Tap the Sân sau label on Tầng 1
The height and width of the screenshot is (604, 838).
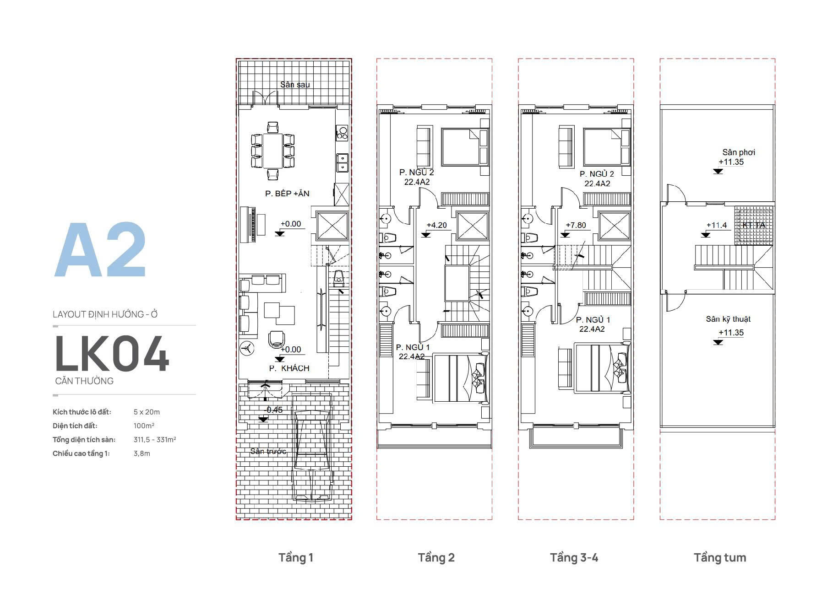295,85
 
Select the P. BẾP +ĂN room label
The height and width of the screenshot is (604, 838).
287,194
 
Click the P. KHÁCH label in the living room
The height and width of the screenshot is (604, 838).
289,368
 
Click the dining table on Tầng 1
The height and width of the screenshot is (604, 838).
273,150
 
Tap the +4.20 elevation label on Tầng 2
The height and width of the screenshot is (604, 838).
436,225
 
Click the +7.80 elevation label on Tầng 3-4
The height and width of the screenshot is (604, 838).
576,225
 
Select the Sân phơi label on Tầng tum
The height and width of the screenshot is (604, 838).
739,152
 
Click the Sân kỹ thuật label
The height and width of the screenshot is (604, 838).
728,319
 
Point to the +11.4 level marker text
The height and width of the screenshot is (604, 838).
717,225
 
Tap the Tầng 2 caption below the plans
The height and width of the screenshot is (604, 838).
436,557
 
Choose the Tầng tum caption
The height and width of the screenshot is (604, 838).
719,557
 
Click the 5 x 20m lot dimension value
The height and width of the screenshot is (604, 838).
147,412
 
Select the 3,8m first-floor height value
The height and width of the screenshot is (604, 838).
142,453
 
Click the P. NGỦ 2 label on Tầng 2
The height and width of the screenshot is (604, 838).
416,173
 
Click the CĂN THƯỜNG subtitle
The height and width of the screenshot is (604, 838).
84,381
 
